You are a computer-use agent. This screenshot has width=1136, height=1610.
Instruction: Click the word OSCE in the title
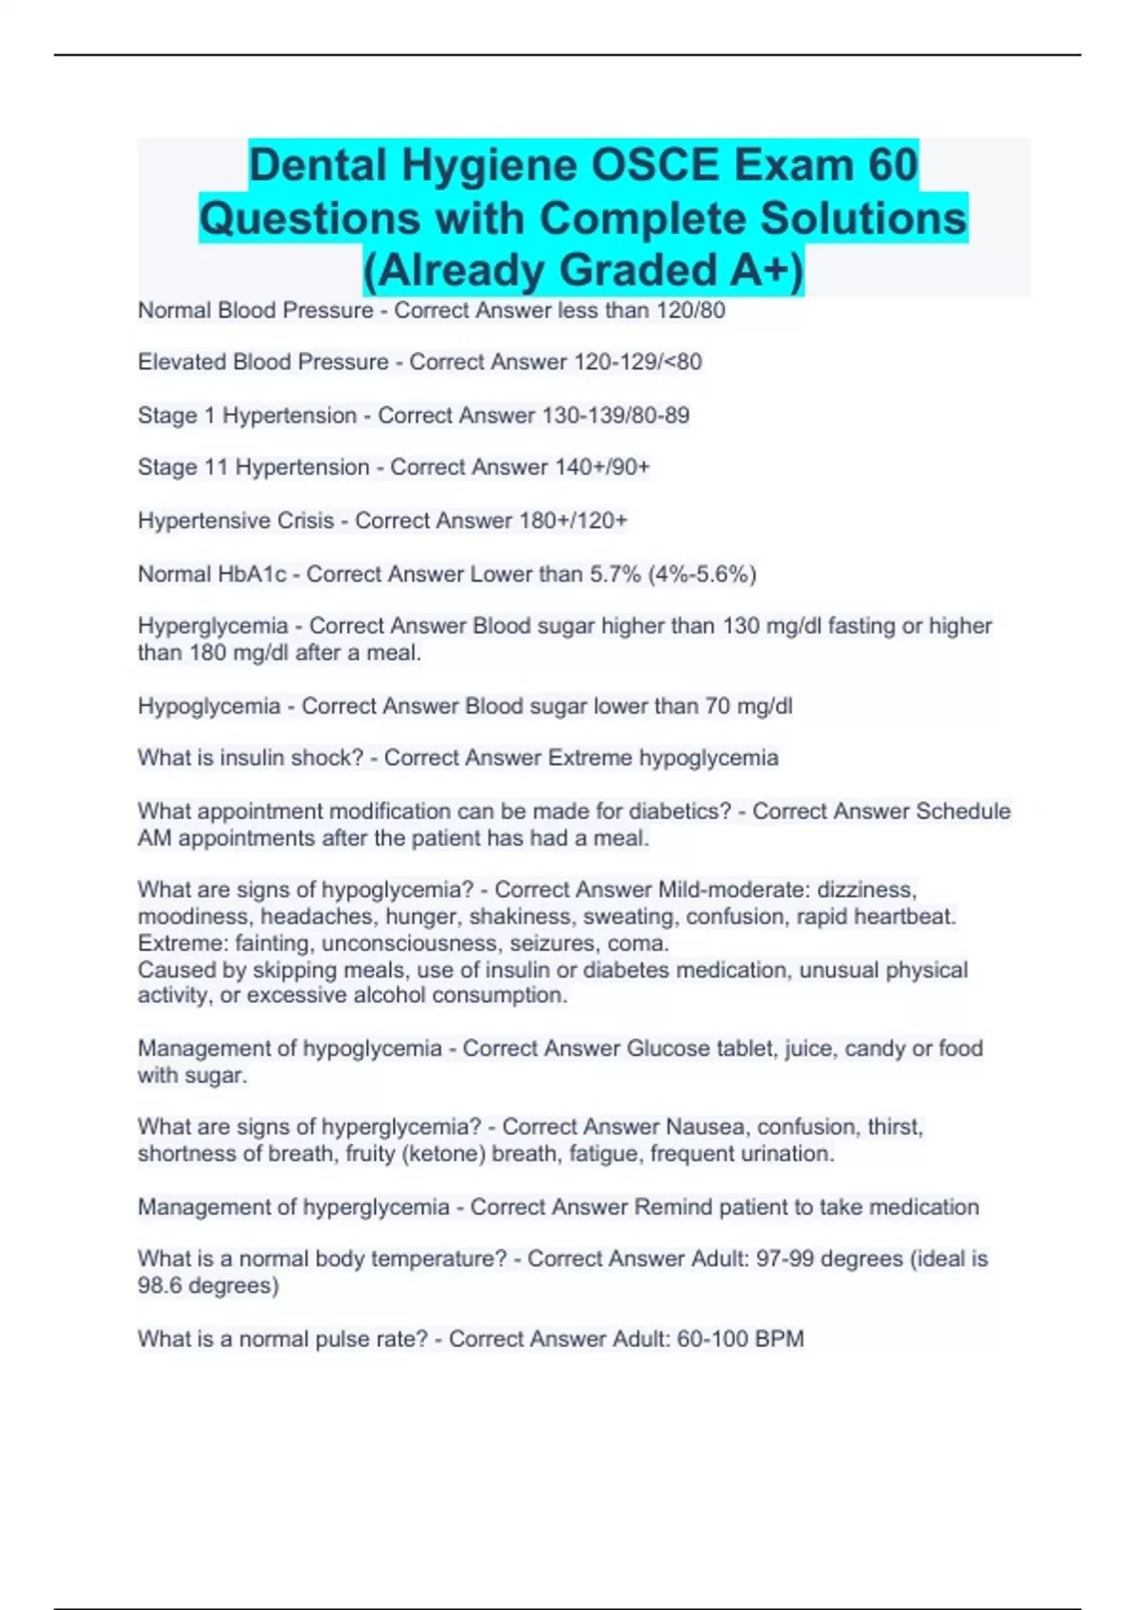tap(651, 166)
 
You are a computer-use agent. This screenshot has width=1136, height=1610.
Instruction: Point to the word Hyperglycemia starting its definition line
tap(213, 626)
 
